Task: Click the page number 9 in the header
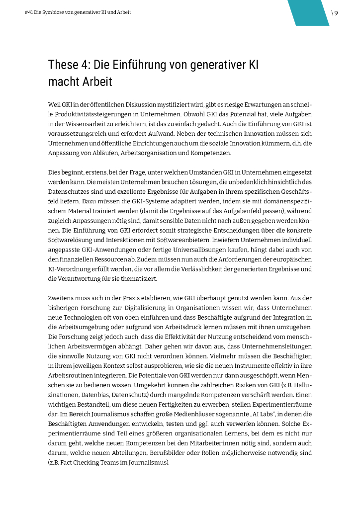336,13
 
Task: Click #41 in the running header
27,12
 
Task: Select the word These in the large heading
62,65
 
